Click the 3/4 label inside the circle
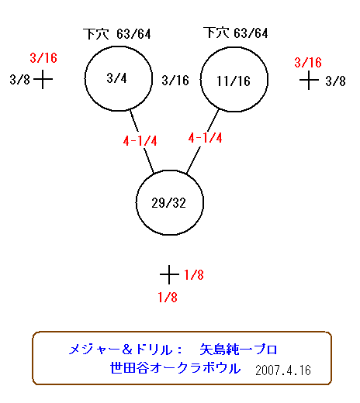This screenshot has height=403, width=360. (116, 78)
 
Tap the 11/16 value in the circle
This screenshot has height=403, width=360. (234, 81)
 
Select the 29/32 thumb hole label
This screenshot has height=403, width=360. (168, 203)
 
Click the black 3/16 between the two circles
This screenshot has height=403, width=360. (175, 81)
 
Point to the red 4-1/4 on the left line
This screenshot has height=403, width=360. (140, 141)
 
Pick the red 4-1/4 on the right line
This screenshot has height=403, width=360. (205, 138)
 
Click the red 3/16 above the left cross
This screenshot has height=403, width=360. (43, 58)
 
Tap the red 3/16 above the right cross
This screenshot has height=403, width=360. (308, 63)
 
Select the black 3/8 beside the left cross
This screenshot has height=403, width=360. (19, 79)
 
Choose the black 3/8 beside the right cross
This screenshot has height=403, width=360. (335, 81)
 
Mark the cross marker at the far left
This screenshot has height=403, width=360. (43, 79)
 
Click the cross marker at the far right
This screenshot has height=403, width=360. (309, 81)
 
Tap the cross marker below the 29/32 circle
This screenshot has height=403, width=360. (169, 274)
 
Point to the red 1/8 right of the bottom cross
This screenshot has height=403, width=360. (194, 275)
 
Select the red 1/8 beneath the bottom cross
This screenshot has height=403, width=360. (168, 298)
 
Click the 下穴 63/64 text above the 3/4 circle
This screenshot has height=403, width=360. (117, 34)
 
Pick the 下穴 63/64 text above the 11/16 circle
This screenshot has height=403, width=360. (236, 33)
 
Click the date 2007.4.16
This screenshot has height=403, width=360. (283, 370)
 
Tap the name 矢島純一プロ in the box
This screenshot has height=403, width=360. (238, 350)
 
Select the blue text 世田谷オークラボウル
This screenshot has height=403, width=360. (175, 368)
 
